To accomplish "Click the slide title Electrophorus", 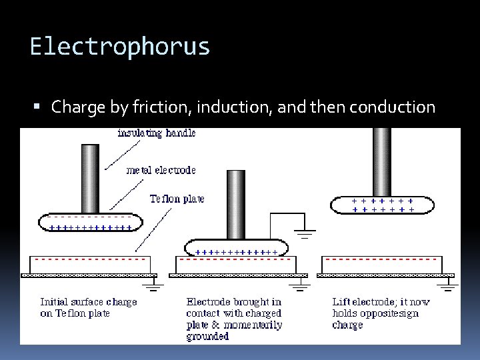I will pos(120,47).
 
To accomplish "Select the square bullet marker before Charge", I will pos(41,107).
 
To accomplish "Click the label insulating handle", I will pos(156,133).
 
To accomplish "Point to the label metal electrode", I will pos(161,170).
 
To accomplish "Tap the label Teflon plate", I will pos(177,199).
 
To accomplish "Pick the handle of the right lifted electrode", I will pos(382,160).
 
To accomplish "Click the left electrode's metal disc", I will pos(90,222).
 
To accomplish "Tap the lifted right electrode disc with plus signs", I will pos(383,205).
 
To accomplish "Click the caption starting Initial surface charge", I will pos(88,307).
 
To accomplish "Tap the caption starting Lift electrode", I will pos(381,313).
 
